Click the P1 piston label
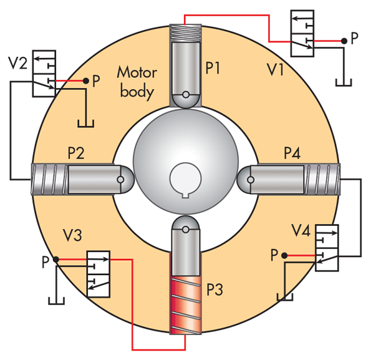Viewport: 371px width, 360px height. [x=213, y=68]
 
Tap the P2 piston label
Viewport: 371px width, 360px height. [x=76, y=153]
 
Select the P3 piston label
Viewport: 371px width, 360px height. [x=214, y=289]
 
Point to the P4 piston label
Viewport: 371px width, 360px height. [x=292, y=153]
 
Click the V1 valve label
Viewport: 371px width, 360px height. [x=275, y=69]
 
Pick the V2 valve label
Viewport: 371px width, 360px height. [x=17, y=63]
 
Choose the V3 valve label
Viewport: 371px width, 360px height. [x=72, y=235]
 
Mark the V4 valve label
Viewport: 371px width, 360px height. [x=301, y=230]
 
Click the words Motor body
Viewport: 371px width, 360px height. [x=137, y=82]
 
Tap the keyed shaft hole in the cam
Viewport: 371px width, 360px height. [x=186, y=179]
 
